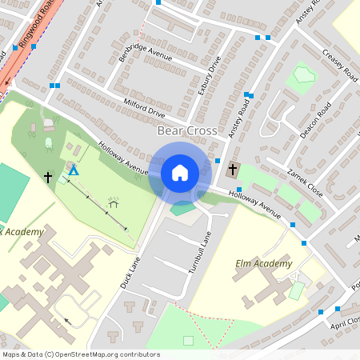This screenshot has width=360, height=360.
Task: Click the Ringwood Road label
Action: [38, 32]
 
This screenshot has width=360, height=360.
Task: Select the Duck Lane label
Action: [130, 271]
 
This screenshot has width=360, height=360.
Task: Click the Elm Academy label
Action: [263, 263]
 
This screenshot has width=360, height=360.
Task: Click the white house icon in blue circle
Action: [179, 172]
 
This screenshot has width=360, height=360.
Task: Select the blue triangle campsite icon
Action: [74, 170]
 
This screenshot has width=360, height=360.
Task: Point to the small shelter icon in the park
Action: [114, 203]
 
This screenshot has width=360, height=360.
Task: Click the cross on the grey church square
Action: [233, 170]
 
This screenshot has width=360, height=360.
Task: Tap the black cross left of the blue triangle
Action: [48, 176]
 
